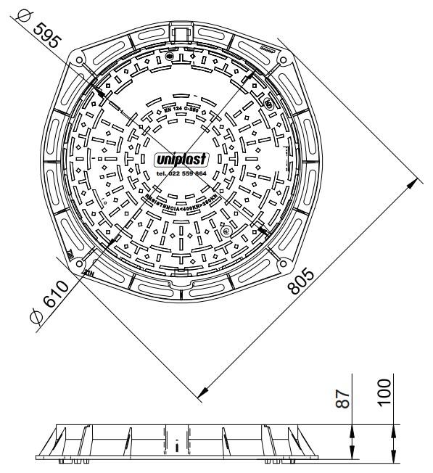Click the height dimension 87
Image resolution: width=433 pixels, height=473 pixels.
347,397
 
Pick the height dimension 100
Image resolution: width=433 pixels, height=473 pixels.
384,392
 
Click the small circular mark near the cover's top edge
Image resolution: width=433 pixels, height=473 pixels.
169,57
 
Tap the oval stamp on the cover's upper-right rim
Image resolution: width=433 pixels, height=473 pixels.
269,105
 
